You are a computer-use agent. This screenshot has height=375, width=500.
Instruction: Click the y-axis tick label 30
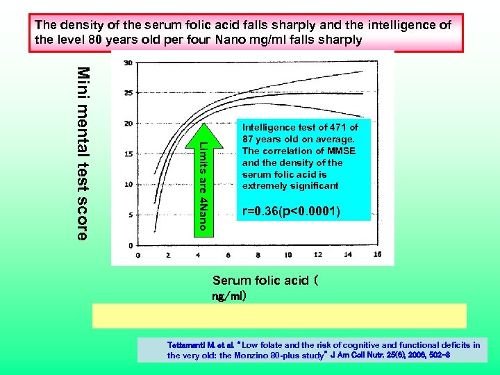click(128, 63)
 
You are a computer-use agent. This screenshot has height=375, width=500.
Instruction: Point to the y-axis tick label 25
click(128, 93)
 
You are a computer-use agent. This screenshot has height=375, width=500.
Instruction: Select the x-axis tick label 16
click(377, 255)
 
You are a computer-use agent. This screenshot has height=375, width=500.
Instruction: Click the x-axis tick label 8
click(257, 255)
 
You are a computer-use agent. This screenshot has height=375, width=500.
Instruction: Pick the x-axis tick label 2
click(167, 255)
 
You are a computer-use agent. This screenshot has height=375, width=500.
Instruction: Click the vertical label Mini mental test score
click(82, 153)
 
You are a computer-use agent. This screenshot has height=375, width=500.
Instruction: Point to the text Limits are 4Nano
click(202, 185)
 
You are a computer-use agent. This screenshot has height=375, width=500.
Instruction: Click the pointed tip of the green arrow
click(202, 124)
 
